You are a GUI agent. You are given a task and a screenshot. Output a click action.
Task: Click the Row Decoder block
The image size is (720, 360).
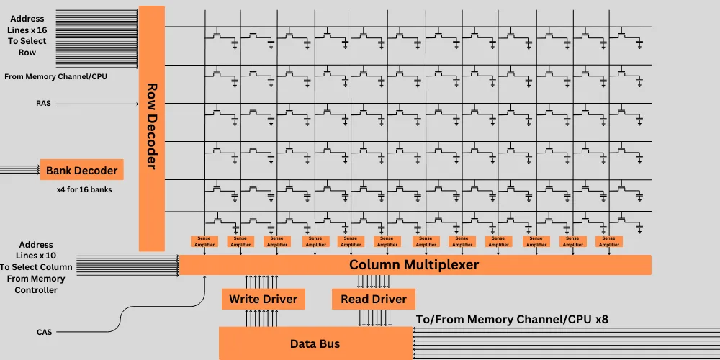[151, 128]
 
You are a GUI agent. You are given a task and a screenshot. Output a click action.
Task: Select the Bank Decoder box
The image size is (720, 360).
[81, 170]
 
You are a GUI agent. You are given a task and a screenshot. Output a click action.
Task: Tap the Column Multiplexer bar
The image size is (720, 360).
[414, 265]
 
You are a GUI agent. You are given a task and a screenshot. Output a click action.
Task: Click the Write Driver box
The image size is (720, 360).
[263, 299]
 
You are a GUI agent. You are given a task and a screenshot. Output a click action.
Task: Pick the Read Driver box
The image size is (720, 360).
[373, 299]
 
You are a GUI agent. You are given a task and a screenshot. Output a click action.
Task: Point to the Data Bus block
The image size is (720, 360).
[315, 343]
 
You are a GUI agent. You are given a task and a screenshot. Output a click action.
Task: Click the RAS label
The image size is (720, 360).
[42, 104]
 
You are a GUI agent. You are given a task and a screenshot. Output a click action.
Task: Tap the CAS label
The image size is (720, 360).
[44, 332]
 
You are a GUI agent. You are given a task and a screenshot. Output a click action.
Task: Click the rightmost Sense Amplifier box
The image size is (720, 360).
[608, 241]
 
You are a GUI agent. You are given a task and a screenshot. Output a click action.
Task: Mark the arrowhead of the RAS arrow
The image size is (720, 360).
[136, 104]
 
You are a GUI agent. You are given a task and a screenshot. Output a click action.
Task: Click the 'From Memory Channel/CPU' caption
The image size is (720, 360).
[55, 76]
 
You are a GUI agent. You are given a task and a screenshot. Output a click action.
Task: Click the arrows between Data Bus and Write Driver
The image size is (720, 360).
[261, 317]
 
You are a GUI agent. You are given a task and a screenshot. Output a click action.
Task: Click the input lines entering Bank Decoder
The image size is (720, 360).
[19, 170]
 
